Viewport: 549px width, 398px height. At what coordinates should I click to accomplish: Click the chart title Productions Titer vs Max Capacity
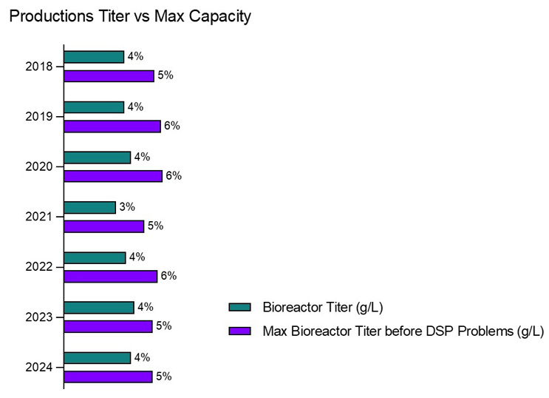[x=129, y=16]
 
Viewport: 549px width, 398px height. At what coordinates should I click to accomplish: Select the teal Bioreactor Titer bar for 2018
[x=94, y=57]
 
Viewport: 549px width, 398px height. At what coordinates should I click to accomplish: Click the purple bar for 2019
[x=112, y=126]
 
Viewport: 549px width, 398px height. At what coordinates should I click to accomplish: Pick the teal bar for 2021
[x=89, y=207]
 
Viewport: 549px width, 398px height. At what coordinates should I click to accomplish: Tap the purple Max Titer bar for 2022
[x=110, y=276]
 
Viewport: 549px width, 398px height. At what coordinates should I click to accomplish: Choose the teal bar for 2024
[x=97, y=358]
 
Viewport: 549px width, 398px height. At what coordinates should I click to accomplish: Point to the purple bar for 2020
[x=112, y=176]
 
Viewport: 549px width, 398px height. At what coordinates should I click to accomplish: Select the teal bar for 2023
[x=98, y=308]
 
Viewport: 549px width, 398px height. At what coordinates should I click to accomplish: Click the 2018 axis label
[x=38, y=67]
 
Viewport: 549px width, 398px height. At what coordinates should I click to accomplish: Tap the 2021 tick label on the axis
[x=38, y=217]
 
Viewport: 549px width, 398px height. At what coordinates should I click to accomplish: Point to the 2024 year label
[x=38, y=367]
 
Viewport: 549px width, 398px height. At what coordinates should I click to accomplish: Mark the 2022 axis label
[x=38, y=267]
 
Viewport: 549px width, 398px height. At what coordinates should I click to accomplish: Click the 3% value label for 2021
[x=127, y=207]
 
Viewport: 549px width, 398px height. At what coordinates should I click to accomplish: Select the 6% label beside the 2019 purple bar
[x=172, y=126]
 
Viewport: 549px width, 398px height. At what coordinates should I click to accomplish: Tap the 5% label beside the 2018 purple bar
[x=166, y=75]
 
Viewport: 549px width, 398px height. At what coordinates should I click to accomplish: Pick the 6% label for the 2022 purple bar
[x=169, y=276]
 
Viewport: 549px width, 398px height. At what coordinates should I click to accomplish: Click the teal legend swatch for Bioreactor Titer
[x=241, y=308]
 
